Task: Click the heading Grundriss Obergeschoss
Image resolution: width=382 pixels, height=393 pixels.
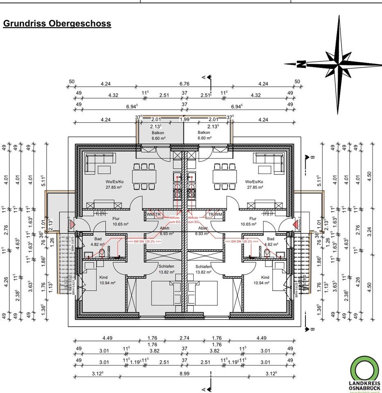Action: pyautogui.click(x=57, y=23)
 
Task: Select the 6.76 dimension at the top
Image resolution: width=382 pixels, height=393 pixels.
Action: pyautogui.click(x=184, y=84)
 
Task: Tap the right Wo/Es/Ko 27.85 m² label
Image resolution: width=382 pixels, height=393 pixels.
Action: pyautogui.click(x=254, y=184)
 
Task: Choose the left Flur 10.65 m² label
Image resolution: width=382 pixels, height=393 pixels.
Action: pyautogui.click(x=121, y=221)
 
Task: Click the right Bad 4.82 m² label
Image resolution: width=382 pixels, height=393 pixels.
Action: pyautogui.click(x=270, y=242)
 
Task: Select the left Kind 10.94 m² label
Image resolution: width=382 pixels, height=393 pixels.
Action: pyautogui.click(x=106, y=280)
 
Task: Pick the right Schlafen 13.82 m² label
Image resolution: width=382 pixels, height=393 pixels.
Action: pyautogui.click(x=203, y=269)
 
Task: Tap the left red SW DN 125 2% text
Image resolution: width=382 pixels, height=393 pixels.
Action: pyautogui.click(x=144, y=242)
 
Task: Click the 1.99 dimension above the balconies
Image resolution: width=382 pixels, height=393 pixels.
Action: pyautogui.click(x=184, y=120)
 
